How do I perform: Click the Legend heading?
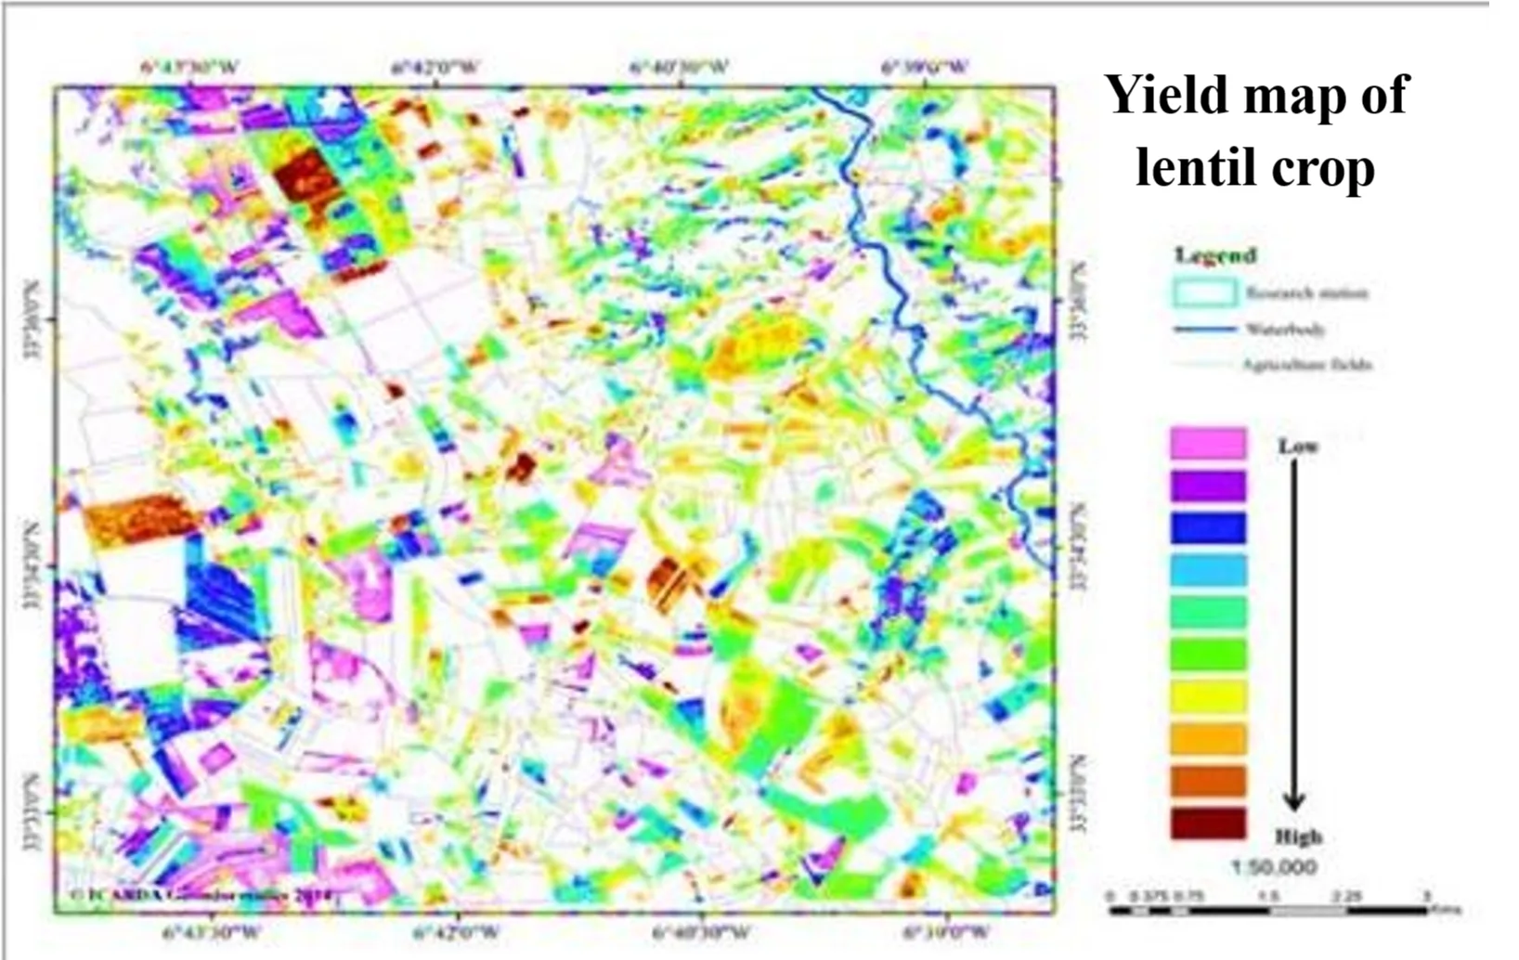point(1214,254)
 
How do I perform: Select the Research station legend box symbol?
point(1204,293)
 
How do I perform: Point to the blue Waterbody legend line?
point(1204,329)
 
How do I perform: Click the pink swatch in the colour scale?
point(1207,443)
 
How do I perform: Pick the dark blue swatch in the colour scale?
point(1207,527)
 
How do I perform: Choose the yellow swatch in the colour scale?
point(1207,696)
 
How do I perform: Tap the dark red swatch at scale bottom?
point(1207,824)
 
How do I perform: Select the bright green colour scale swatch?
point(1207,655)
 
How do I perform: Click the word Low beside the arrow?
point(1297,447)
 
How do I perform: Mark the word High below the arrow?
point(1298,837)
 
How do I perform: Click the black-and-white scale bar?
point(1267,910)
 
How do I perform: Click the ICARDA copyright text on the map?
point(200,895)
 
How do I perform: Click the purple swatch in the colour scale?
point(1207,486)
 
